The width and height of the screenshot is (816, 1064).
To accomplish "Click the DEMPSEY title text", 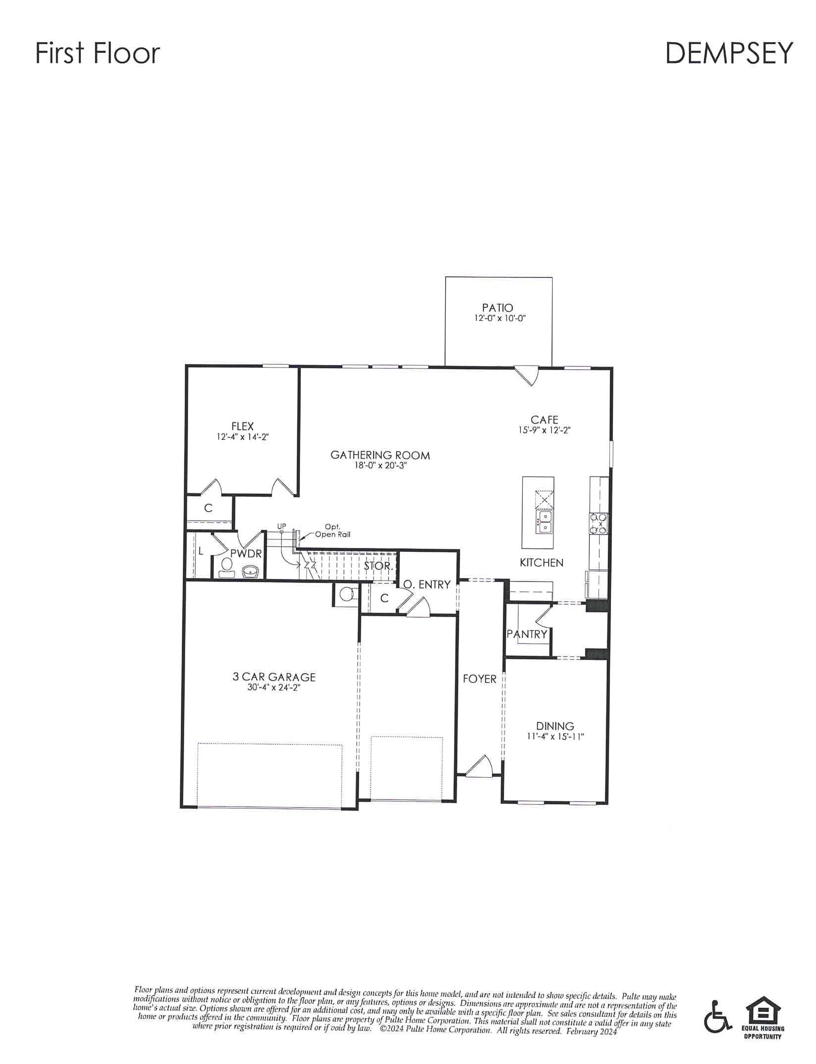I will click(729, 53).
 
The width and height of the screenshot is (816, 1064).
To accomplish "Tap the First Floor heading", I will click(98, 53).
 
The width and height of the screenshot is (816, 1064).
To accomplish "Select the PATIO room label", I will click(498, 308).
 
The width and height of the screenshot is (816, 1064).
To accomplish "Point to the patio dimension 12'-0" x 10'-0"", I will click(498, 319).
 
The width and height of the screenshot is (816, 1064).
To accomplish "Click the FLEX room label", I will click(242, 426).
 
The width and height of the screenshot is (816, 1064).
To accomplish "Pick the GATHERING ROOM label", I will click(380, 455).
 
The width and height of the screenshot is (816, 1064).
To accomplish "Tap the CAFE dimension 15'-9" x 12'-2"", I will click(544, 430).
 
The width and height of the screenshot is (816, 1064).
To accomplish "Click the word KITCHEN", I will click(541, 562).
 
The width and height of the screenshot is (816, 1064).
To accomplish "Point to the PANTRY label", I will click(527, 634).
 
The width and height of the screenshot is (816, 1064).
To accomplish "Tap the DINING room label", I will click(555, 726).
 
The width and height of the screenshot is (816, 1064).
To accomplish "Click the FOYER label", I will click(479, 679).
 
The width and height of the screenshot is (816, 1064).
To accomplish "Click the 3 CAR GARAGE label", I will click(274, 677).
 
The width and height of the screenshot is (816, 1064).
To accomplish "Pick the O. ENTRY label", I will click(426, 585).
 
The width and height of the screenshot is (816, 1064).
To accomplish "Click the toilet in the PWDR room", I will click(227, 568).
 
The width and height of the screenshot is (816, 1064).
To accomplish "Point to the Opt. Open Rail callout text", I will click(332, 531).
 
